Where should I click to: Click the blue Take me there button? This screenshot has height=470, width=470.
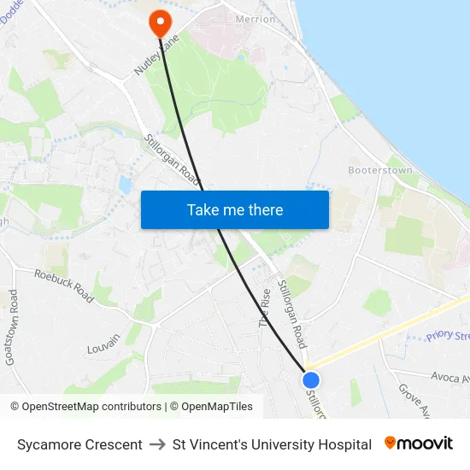(235, 209)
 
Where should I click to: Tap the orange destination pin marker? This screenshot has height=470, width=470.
(160, 21)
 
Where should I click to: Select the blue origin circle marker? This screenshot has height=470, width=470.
(311, 380)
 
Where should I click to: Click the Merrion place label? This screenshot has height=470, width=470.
(256, 19)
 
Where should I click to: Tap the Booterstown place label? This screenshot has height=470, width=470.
(380, 170)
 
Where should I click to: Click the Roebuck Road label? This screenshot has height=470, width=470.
(64, 284)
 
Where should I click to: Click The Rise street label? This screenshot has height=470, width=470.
(265, 308)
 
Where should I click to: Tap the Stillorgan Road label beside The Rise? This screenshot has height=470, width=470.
(292, 312)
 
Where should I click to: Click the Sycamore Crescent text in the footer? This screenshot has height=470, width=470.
(79, 444)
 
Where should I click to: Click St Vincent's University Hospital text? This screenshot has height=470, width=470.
(272, 444)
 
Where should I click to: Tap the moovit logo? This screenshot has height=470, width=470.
(419, 444)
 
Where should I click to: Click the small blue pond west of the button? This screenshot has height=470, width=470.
(126, 184)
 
